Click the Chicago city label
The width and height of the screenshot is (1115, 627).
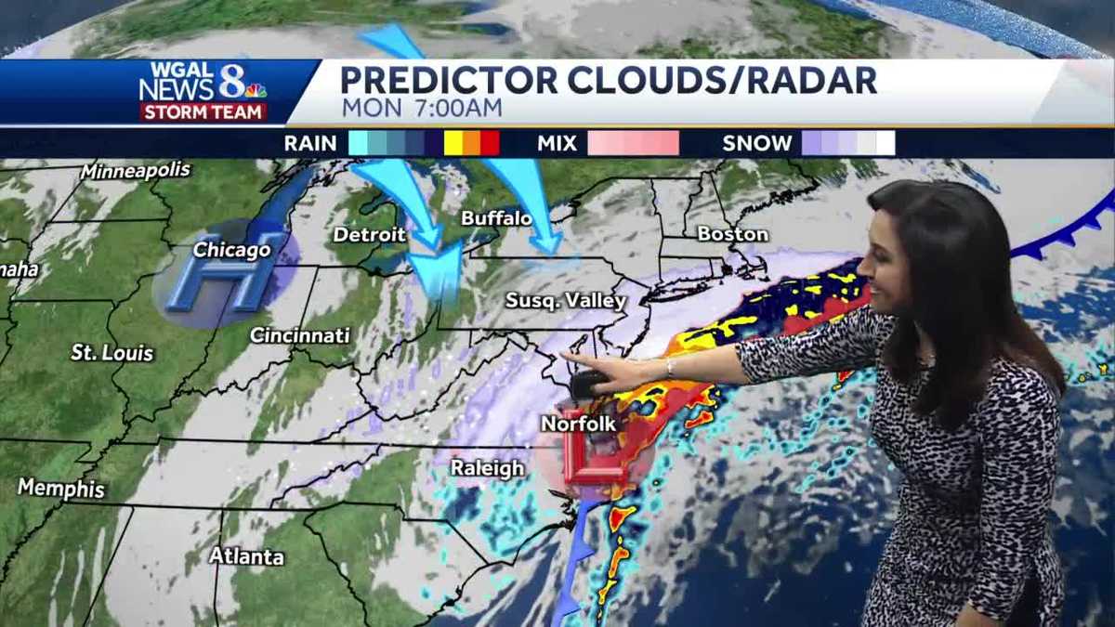(x=231, y=250)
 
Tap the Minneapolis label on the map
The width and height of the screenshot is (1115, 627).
(x=135, y=171)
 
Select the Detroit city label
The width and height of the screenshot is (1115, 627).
(x=369, y=235)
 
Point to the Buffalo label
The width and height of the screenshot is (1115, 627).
(x=496, y=219)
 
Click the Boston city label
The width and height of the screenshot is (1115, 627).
(x=732, y=234)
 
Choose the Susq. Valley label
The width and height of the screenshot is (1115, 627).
(x=565, y=301)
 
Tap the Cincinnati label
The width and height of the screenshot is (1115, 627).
(x=299, y=335)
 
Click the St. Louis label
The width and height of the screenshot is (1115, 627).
(x=111, y=353)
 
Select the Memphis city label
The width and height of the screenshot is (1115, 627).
(x=61, y=488)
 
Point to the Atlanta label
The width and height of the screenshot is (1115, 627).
(x=245, y=556)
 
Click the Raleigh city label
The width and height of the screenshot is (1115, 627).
(x=487, y=468)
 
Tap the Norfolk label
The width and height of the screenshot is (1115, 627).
(x=578, y=424)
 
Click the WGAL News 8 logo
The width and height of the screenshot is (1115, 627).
(x=203, y=91)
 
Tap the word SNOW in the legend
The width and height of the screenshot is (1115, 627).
(x=757, y=143)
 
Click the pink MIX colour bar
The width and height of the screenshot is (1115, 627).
(x=633, y=143)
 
